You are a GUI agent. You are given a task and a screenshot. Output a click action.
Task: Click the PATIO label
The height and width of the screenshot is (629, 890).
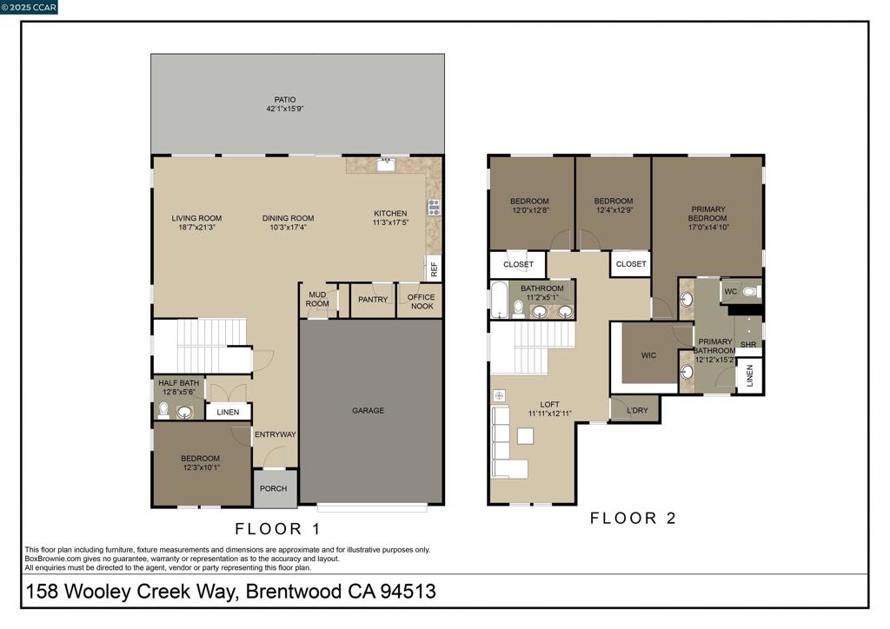(x=285, y=99)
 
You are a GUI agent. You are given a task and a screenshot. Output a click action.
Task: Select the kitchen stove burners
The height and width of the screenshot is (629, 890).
(x=433, y=207)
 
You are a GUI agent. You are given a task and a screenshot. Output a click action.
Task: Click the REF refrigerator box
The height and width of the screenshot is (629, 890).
(x=433, y=269)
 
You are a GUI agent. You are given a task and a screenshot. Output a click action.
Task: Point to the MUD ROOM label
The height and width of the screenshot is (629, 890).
(x=317, y=300)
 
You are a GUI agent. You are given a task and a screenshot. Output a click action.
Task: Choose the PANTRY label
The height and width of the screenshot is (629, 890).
(x=373, y=300)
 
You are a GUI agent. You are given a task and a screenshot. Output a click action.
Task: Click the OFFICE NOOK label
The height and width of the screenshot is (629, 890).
(x=421, y=301)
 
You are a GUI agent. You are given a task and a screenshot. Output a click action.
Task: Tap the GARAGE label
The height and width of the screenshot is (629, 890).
(x=368, y=411)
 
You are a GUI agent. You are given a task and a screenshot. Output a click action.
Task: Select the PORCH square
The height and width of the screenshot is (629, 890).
(x=274, y=488)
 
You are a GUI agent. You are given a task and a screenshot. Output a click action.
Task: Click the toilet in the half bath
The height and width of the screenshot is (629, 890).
(x=163, y=411)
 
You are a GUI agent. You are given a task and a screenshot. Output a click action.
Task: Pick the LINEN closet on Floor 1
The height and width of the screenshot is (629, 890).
(x=228, y=413)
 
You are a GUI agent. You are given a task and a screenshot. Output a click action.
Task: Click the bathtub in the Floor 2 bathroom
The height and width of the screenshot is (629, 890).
(x=499, y=300)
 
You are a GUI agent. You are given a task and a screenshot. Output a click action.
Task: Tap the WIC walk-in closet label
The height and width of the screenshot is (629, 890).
(x=648, y=355)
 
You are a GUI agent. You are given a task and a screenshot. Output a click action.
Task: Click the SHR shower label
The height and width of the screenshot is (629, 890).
(x=748, y=345)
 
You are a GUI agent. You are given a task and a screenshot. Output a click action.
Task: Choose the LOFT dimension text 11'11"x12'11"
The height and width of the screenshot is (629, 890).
(x=549, y=414)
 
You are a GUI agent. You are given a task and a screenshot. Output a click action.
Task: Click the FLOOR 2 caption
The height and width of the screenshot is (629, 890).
(x=633, y=519)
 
